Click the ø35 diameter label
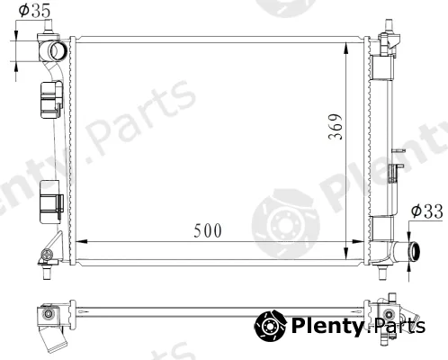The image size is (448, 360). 34,11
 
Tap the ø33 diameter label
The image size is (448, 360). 426,211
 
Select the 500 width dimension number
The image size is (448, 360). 208,230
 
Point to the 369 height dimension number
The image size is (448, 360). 336,127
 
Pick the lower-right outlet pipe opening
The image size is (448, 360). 415,251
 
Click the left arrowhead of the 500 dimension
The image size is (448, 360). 82,241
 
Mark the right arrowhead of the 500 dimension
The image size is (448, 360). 357,241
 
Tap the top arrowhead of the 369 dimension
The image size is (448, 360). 345,49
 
